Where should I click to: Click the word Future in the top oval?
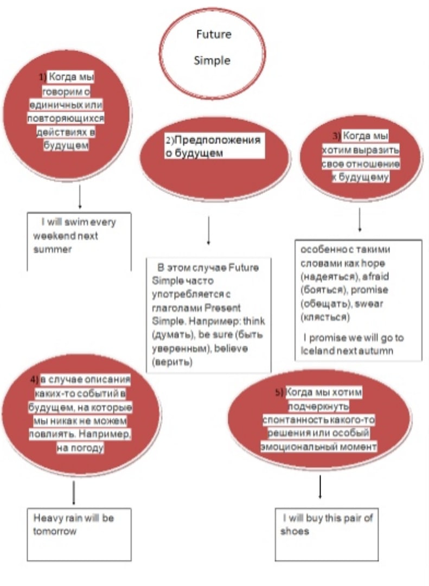coord(214,34)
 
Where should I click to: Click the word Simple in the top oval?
coord(212,61)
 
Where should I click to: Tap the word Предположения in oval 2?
coord(217,140)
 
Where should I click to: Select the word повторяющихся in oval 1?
coord(66,118)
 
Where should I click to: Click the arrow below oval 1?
coord(80,196)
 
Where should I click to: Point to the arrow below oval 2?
coord(208,230)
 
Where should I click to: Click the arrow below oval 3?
coord(360,220)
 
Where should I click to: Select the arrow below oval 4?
coord(74,493)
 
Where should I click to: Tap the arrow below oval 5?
coord(320,487)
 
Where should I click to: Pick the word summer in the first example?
coord(52,249)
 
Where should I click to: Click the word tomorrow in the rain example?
coord(55,531)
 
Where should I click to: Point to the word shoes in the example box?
coord(294,531)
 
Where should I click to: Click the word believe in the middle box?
coord(231,348)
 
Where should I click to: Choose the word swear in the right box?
coord(369,303)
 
